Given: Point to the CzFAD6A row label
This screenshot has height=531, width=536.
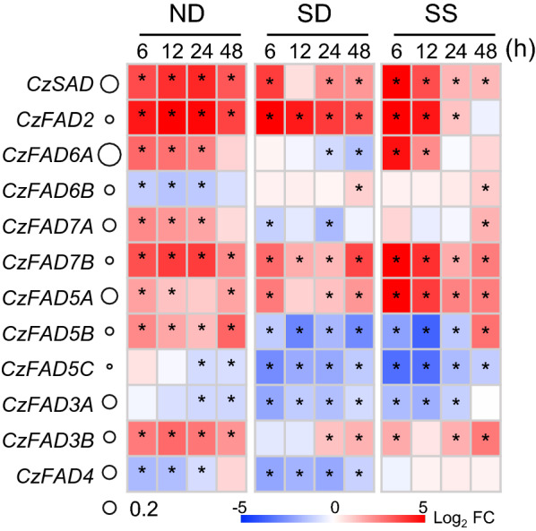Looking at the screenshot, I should tap(61, 155).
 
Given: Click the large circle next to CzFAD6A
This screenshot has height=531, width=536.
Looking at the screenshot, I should tap(109, 155).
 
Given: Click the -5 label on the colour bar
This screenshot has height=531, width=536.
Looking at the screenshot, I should tap(238, 507).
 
